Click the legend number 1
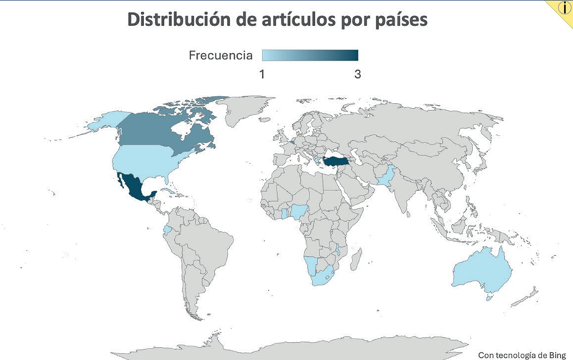coord(262,73)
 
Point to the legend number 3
coord(356,73)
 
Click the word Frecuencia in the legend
coord(221,56)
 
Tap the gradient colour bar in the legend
coord(309,56)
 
